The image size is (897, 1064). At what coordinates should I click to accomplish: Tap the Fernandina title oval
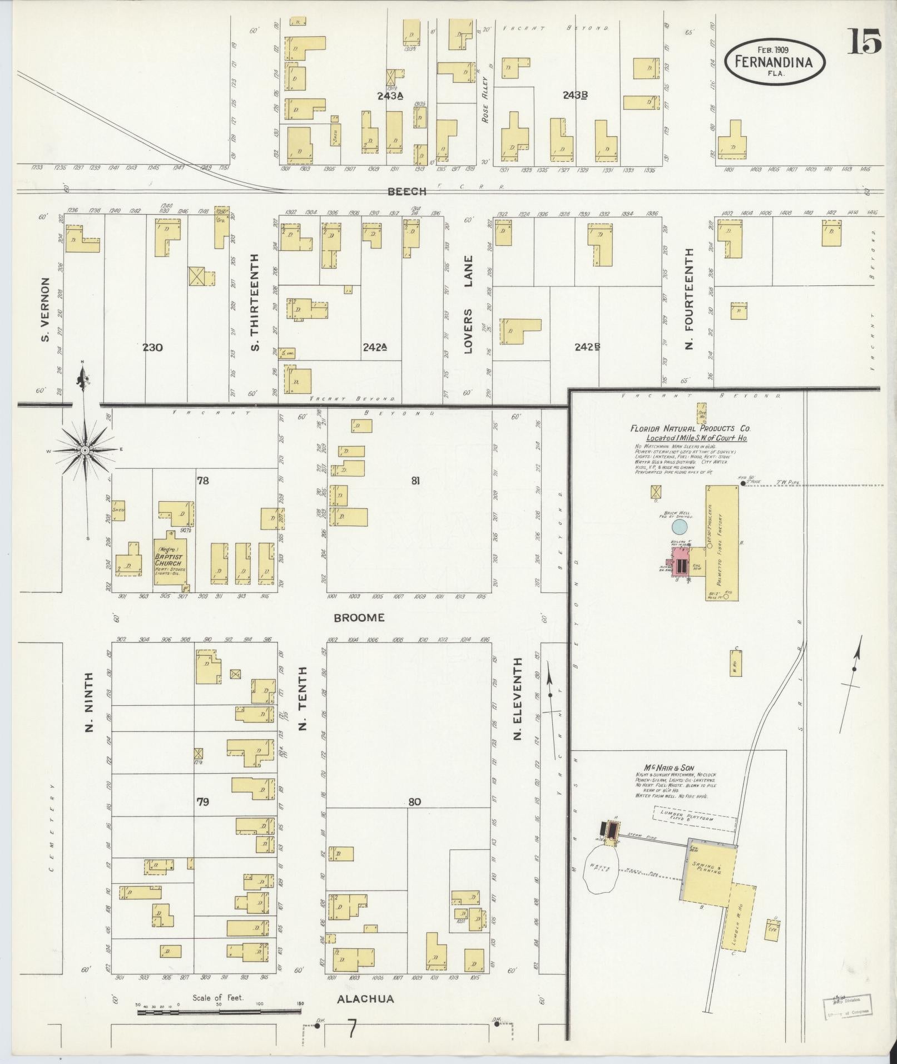(774, 61)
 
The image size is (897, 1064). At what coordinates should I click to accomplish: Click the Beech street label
(407, 191)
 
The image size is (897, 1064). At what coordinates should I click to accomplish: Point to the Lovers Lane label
(468, 304)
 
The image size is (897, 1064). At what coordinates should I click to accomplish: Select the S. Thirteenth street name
(255, 303)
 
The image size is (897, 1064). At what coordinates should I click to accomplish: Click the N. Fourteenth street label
(690, 298)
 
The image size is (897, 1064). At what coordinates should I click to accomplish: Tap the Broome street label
(359, 617)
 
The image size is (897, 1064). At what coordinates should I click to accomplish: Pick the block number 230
(152, 348)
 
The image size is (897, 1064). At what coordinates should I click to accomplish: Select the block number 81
(415, 481)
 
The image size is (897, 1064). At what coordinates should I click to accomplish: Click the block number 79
(203, 801)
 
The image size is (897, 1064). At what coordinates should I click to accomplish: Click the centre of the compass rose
(85, 449)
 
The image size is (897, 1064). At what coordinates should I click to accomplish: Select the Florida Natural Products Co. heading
(690, 429)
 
